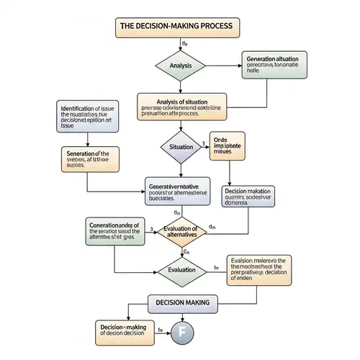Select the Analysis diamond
(x=181, y=66)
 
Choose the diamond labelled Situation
(x=181, y=147)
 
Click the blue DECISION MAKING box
(x=182, y=303)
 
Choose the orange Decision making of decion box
(x=124, y=331)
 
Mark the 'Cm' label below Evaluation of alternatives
(x=185, y=251)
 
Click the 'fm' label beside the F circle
(x=160, y=330)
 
